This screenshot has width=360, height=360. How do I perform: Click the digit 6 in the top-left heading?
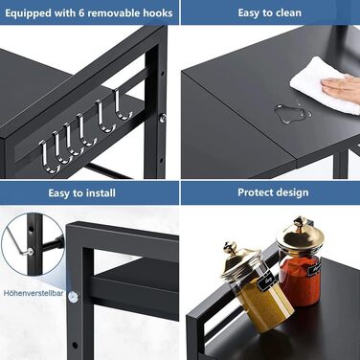(x=81, y=13)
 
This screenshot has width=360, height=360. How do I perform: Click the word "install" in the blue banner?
(x=101, y=193)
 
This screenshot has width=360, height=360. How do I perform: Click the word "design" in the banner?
(x=294, y=192)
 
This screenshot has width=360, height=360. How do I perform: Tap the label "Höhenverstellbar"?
(x=34, y=293)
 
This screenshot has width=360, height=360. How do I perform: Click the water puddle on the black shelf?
(x=291, y=113)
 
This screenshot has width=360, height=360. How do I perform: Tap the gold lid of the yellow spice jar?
(x=241, y=261)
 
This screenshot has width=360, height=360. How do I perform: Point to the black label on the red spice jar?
(x=314, y=269)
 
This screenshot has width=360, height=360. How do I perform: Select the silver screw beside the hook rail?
(x=163, y=118)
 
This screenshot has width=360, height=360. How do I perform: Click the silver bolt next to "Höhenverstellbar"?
(x=73, y=297)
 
